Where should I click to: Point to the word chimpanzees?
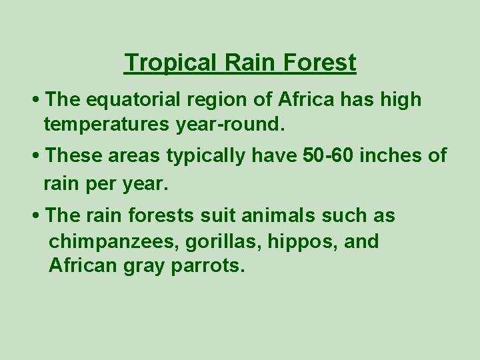coord(112,241)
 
